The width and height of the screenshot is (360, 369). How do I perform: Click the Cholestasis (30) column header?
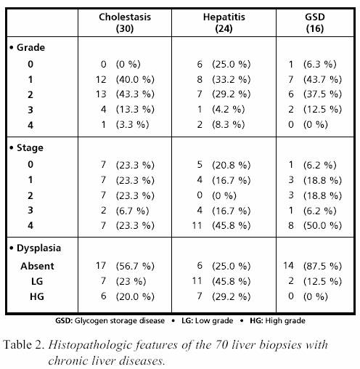coord(125,23)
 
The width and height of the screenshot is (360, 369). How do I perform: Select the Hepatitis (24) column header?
coord(224,23)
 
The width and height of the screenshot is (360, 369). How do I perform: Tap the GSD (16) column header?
coord(315,23)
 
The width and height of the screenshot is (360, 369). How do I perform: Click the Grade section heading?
coord(27,47)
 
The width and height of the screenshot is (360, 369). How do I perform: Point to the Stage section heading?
coord(26,147)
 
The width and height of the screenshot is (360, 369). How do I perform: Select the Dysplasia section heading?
coord(35,248)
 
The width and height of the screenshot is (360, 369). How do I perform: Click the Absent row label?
coord(37,266)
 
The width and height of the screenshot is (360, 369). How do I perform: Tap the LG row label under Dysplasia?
coord(37,281)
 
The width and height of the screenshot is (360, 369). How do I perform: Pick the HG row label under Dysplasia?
coord(37,296)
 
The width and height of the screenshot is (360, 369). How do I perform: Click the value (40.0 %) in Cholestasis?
coord(135,79)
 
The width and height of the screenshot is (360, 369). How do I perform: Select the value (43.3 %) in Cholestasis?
coord(135,94)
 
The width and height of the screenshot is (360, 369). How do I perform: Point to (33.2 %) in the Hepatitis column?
coord(231,79)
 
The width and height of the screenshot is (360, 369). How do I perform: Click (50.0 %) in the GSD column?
coord(322,226)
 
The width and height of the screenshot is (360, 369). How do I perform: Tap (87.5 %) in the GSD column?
coord(322,266)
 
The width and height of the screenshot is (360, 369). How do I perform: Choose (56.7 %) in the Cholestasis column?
coord(135,266)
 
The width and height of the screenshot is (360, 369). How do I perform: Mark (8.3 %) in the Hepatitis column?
coord(228,125)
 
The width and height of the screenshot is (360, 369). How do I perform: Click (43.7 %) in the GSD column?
coord(322,79)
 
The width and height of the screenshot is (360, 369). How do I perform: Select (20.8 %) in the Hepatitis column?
coord(231,165)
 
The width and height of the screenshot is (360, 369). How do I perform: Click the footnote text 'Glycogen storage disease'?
coord(120,321)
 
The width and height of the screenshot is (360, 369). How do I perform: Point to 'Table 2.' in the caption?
coord(24,344)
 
